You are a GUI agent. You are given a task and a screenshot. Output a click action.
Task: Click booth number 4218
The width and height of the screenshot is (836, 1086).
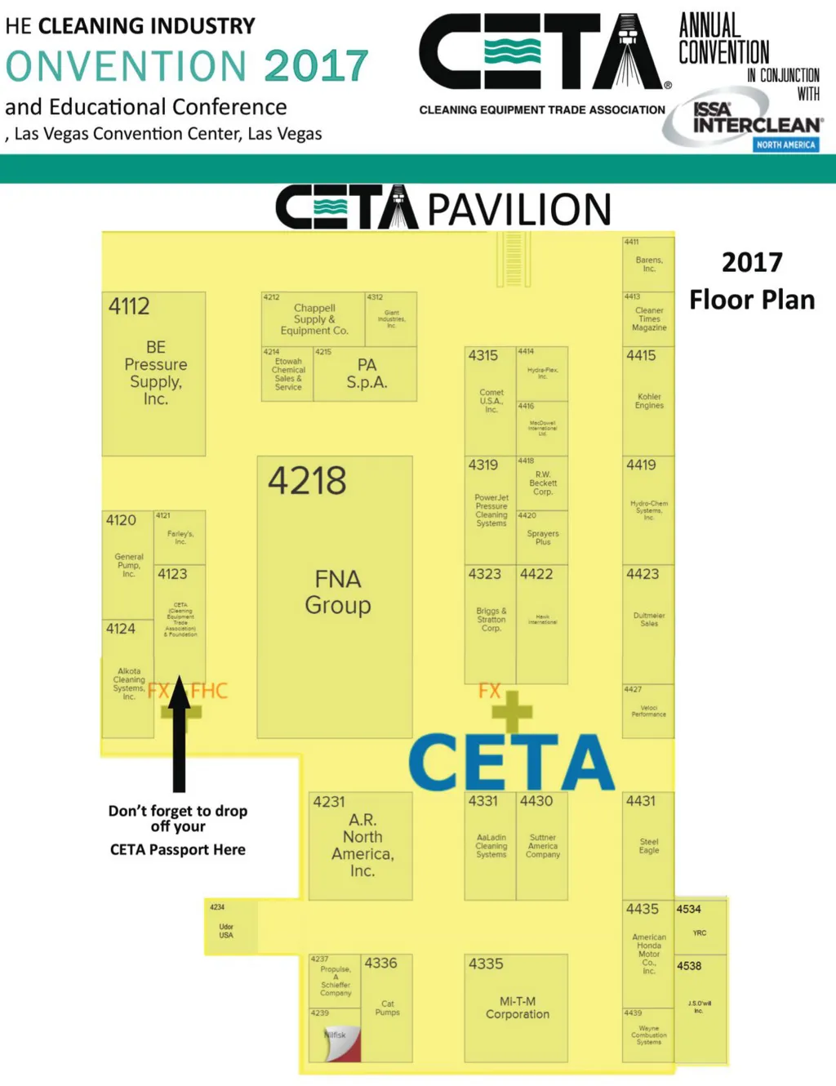click(x=307, y=481)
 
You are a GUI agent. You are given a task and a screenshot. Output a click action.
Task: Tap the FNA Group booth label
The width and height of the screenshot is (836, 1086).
click(x=338, y=592)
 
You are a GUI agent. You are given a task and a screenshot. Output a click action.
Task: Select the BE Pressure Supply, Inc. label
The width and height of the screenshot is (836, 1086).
click(x=155, y=373)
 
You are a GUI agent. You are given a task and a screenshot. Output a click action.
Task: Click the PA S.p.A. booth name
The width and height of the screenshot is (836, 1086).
click(x=367, y=374)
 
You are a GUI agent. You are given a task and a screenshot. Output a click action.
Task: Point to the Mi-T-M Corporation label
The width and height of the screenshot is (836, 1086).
click(x=518, y=1008)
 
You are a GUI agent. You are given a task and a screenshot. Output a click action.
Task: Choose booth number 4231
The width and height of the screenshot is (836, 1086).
click(x=329, y=802)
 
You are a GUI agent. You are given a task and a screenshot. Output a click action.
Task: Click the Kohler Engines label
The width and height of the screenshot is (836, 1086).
click(x=649, y=401)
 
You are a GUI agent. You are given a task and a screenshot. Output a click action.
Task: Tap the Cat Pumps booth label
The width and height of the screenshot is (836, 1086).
click(x=388, y=1008)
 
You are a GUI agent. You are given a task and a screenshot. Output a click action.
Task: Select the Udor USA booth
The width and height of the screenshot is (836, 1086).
click(x=226, y=931)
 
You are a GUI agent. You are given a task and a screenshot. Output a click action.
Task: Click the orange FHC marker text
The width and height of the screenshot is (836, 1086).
click(x=210, y=691)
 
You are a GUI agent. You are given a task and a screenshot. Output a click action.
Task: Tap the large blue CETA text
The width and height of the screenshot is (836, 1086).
click(x=511, y=762)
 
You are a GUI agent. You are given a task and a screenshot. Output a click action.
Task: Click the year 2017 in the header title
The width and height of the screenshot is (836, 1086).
click(x=317, y=66)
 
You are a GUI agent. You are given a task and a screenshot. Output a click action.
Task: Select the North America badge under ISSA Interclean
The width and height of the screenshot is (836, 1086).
click(x=785, y=145)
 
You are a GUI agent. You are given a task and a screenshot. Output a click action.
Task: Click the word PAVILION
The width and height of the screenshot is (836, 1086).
click(x=519, y=210)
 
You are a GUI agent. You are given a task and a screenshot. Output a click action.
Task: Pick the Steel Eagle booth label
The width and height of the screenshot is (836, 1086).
click(x=649, y=846)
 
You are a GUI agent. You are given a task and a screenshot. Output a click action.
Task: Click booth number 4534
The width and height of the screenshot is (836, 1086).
click(x=688, y=909)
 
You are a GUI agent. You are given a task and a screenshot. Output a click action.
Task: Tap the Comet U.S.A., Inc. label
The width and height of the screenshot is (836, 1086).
click(x=491, y=401)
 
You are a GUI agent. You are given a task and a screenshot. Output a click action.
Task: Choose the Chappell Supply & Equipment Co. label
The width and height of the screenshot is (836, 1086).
click(x=314, y=319)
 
